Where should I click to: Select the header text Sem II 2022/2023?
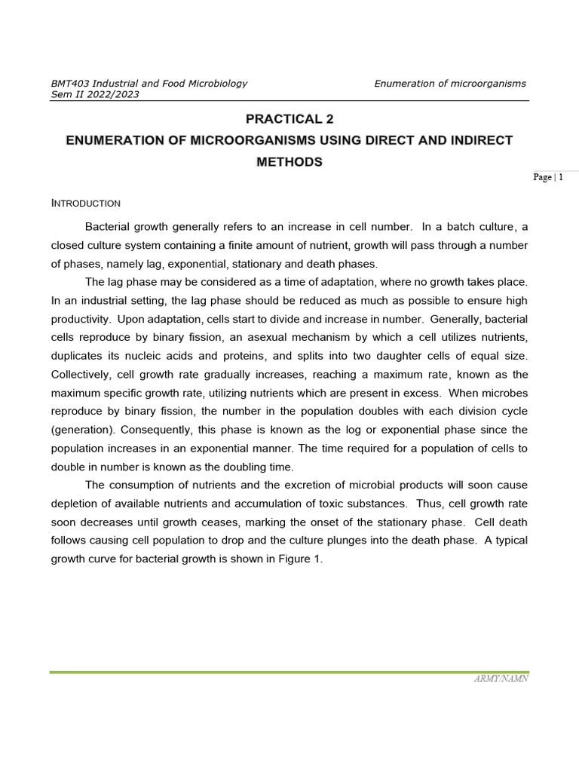tap(94, 95)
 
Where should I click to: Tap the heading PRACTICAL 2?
tap(289, 119)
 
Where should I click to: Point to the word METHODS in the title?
tap(289, 161)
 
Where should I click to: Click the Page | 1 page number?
tap(547, 177)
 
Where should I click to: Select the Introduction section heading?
tap(85, 204)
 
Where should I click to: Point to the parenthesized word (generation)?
tap(84, 430)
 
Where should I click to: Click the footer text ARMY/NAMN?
tap(501, 679)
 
